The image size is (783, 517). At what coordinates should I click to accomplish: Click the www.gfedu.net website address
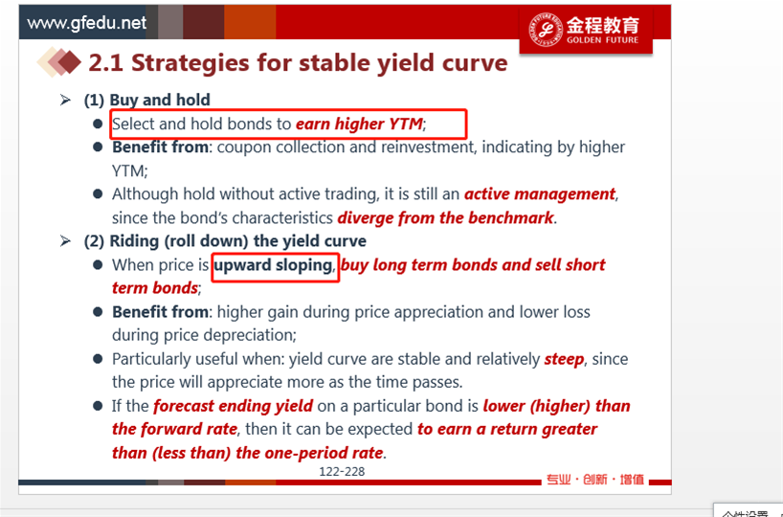86,23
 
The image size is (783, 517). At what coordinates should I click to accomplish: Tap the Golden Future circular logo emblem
545,29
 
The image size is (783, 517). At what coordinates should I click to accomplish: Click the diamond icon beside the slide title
59,62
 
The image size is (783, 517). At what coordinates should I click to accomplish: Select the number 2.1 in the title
106,63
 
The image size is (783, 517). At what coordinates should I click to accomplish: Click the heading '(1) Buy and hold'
146,100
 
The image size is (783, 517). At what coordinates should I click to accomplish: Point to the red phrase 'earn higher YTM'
359,124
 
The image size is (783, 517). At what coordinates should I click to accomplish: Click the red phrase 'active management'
540,193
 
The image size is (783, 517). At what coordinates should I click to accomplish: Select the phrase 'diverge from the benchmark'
445,217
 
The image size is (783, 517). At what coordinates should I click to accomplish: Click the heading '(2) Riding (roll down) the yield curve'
225,241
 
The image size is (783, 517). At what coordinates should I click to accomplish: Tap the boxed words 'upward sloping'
273,265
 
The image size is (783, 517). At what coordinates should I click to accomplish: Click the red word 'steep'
565,359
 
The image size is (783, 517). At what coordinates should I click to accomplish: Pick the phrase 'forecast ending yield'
234,406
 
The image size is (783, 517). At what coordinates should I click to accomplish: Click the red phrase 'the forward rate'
174,429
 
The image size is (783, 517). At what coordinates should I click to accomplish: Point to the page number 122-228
342,471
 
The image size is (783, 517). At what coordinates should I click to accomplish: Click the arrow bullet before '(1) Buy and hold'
65,100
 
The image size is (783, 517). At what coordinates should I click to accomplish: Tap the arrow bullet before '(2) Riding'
65,241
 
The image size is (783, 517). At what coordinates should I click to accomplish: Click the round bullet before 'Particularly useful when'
98,359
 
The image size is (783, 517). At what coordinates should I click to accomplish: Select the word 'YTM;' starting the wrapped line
130,170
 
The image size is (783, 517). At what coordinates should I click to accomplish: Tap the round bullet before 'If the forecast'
98,406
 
